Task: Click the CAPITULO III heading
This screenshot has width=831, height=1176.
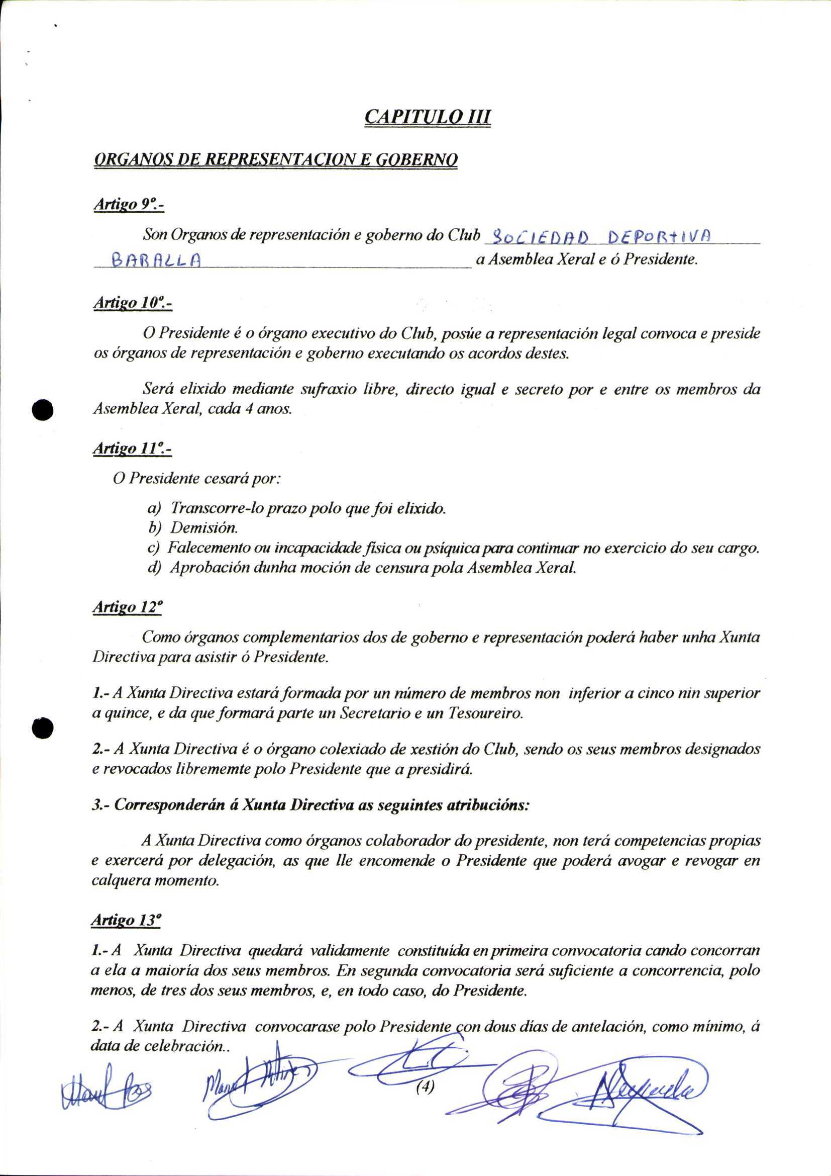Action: pos(427,117)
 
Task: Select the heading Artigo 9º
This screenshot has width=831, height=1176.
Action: pos(129,204)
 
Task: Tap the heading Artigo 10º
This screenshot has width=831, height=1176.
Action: pos(132,303)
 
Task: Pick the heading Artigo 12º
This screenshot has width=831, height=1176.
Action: pos(128,607)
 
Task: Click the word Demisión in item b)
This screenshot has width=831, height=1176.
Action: pos(204,527)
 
